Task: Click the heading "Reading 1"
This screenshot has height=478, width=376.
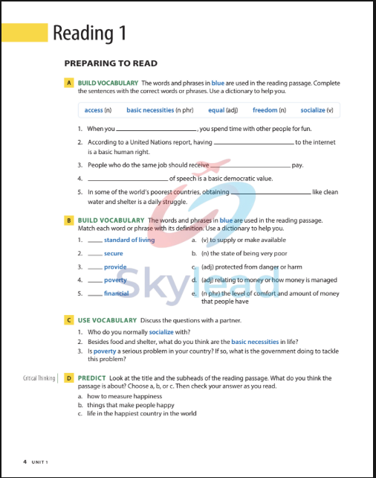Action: pos(89,33)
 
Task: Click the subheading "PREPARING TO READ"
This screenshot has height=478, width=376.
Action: pos(110,63)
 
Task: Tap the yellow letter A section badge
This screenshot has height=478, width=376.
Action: pos(68,83)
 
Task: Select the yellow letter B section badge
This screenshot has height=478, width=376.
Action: pos(68,220)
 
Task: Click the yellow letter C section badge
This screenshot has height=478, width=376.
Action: pos(68,319)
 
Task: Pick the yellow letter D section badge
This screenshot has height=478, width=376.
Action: pos(68,378)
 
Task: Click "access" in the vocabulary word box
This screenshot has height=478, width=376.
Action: pos(94,110)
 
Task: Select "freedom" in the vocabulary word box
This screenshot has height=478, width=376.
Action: pos(265,110)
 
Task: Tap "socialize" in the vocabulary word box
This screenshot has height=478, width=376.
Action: pos(312,110)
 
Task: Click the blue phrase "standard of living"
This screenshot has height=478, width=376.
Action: pos(129,240)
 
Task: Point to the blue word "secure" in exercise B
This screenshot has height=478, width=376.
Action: pos(114,254)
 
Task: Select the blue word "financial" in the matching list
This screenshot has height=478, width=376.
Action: pos(116,293)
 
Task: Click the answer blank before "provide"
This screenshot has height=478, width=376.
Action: pos(94,267)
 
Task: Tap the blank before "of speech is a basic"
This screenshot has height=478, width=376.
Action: pos(127,179)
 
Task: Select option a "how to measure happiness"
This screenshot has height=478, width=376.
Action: pos(120,397)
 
